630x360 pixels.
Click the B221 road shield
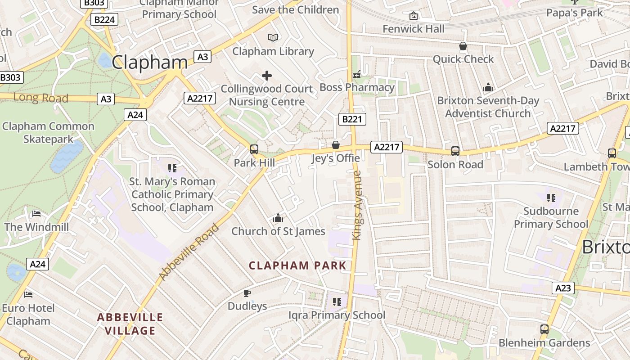[352, 119]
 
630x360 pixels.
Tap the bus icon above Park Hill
[254, 149]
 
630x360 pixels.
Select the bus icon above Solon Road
[455, 151]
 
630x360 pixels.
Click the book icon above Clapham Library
[273, 38]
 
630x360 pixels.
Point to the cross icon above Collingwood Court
[267, 76]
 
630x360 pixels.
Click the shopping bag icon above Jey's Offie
[336, 145]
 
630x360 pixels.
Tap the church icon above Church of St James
[278, 218]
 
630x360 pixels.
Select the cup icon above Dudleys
[247, 293]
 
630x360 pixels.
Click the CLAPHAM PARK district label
[297, 265]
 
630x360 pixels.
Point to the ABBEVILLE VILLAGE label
[130, 324]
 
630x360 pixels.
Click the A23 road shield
[563, 288]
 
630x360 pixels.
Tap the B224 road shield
[104, 19]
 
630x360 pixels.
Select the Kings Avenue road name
[357, 205]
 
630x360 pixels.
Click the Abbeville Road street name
[189, 251]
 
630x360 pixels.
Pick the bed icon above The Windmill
[36, 213]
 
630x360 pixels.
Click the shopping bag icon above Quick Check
[463, 46]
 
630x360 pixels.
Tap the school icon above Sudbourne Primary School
[551, 198]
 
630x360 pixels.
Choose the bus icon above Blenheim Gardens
[544, 329]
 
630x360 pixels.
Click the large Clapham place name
[149, 62]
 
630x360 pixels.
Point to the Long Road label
[40, 98]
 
